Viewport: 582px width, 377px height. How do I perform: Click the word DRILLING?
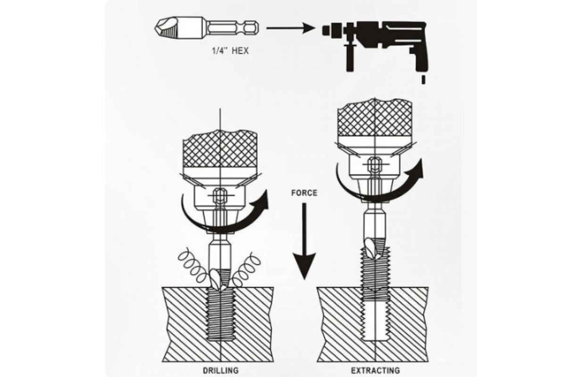pos(220,370)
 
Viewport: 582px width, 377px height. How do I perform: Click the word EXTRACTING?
pos(375,370)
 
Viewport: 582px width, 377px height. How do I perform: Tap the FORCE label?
pos(304,193)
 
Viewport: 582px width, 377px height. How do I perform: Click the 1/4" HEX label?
pos(230,50)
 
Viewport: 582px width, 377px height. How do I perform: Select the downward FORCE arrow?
pos(304,241)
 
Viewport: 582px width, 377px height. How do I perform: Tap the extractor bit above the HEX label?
pos(207,28)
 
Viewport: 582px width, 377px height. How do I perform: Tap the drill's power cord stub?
pos(424,80)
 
